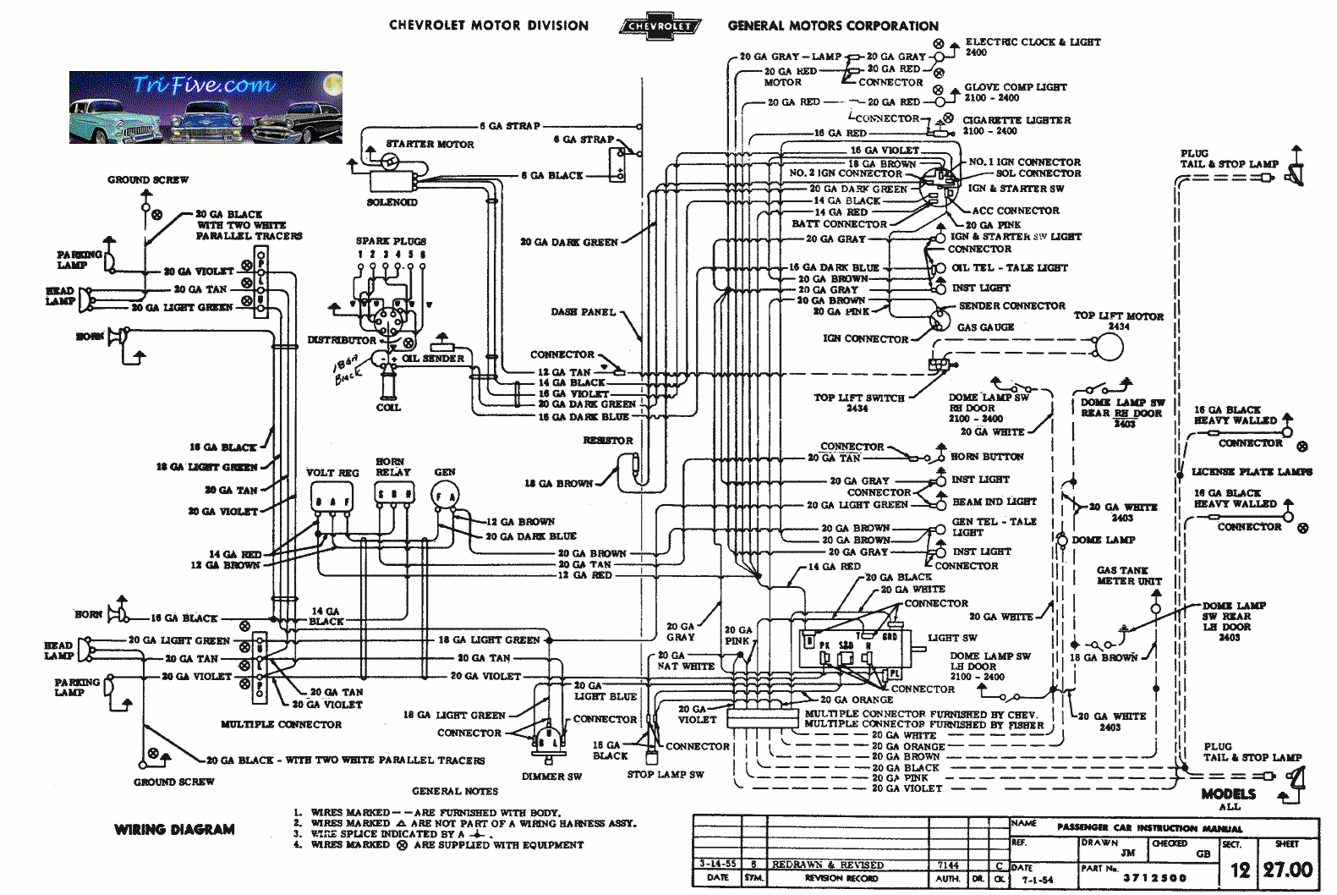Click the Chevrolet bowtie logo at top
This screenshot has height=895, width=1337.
pos(659,25)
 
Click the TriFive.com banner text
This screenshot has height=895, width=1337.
pos(203,85)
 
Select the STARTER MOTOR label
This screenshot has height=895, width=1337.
pos(430,144)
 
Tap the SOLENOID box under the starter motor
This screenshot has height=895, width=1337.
pos(392,181)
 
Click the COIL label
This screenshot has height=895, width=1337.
pos(388,407)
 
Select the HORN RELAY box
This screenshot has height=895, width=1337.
pos(394,493)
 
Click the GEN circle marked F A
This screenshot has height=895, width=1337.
pos(445,497)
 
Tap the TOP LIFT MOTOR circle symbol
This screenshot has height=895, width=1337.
pos(1108,346)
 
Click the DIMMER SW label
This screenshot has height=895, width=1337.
pos(551,776)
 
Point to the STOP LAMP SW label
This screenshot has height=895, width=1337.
pos(665,774)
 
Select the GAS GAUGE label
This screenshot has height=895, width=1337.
pos(985,327)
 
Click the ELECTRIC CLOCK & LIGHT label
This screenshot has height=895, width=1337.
pos(1033,41)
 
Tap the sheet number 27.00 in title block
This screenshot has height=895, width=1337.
pos(1287,870)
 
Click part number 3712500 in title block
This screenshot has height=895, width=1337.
pos(1154,878)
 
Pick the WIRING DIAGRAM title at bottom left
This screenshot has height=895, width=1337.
pos(174,830)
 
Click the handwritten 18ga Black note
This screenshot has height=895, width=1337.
pos(348,370)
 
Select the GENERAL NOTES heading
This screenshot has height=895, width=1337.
pos(455,791)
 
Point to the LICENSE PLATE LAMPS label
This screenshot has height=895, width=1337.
pos(1252,472)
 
